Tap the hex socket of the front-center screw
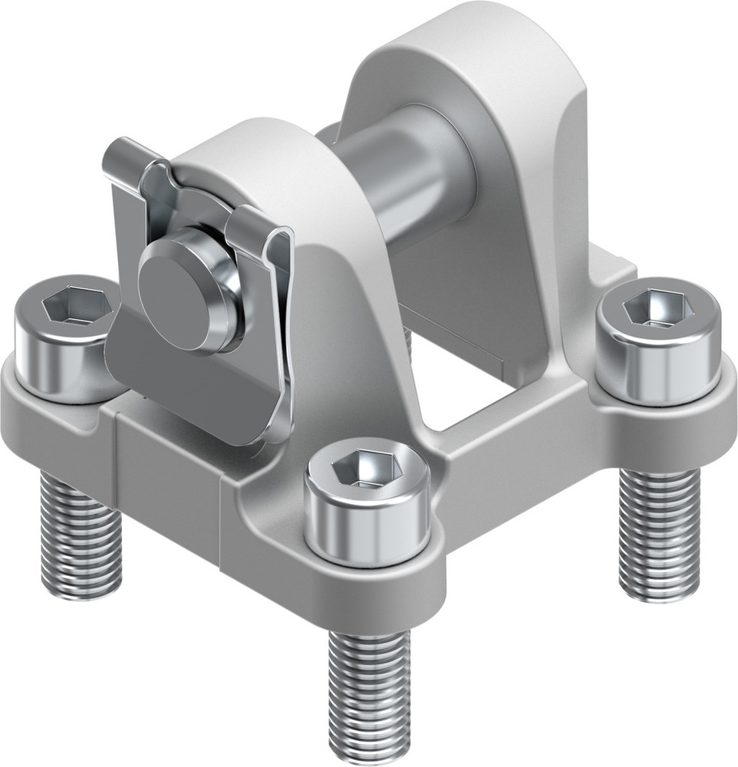pos(364,470)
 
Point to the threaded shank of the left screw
pos(81,537)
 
